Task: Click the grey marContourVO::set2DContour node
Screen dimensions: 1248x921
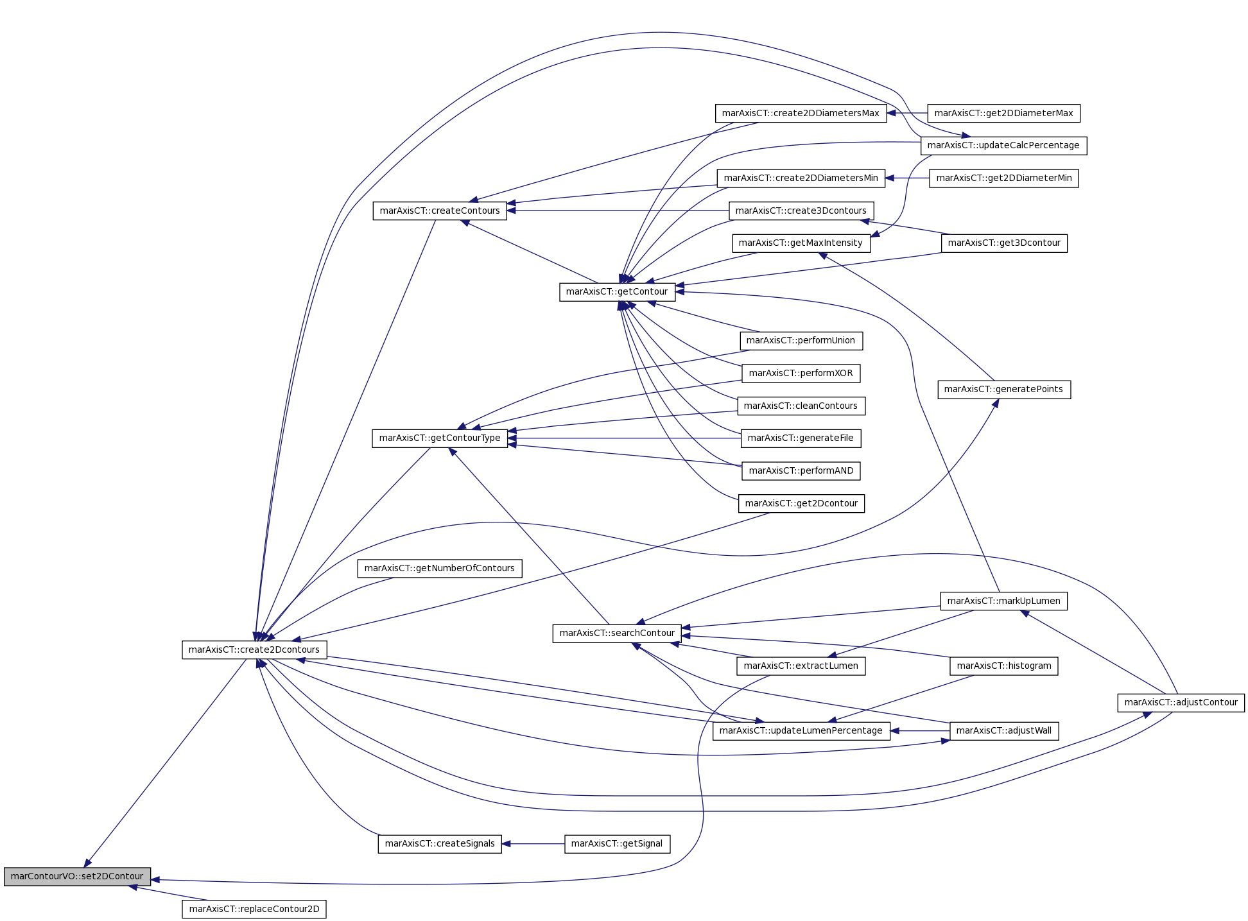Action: [x=77, y=876]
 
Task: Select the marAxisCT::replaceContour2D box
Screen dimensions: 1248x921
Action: [x=254, y=909]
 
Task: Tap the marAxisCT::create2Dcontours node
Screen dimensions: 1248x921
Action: [x=254, y=650]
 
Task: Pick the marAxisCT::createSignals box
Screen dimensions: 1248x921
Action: [x=440, y=843]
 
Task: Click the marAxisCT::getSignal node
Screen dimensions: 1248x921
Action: [x=617, y=843]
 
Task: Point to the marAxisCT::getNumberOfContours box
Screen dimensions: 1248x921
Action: [x=440, y=568]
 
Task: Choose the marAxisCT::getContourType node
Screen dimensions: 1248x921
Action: [x=440, y=438]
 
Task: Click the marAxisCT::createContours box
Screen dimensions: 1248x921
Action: [x=440, y=211]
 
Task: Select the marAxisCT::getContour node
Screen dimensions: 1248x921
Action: [x=617, y=291]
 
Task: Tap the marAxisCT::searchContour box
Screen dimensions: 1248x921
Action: [x=617, y=633]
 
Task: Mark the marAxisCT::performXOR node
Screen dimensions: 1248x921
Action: [x=801, y=373]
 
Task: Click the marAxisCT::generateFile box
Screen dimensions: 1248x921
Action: [x=801, y=438]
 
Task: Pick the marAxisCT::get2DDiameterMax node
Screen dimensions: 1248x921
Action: [x=1004, y=113]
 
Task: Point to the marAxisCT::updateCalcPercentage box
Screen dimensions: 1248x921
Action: [x=1004, y=145]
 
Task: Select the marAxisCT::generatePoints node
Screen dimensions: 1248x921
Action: [x=1004, y=389]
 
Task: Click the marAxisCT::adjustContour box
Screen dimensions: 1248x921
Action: [x=1181, y=702]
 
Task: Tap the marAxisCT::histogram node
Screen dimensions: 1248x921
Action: [x=1004, y=666]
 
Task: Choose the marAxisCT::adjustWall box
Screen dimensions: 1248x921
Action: [x=1004, y=730]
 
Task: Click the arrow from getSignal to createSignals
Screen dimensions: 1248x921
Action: [x=533, y=844]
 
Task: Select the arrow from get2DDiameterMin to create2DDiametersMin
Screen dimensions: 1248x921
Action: [x=907, y=178]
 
